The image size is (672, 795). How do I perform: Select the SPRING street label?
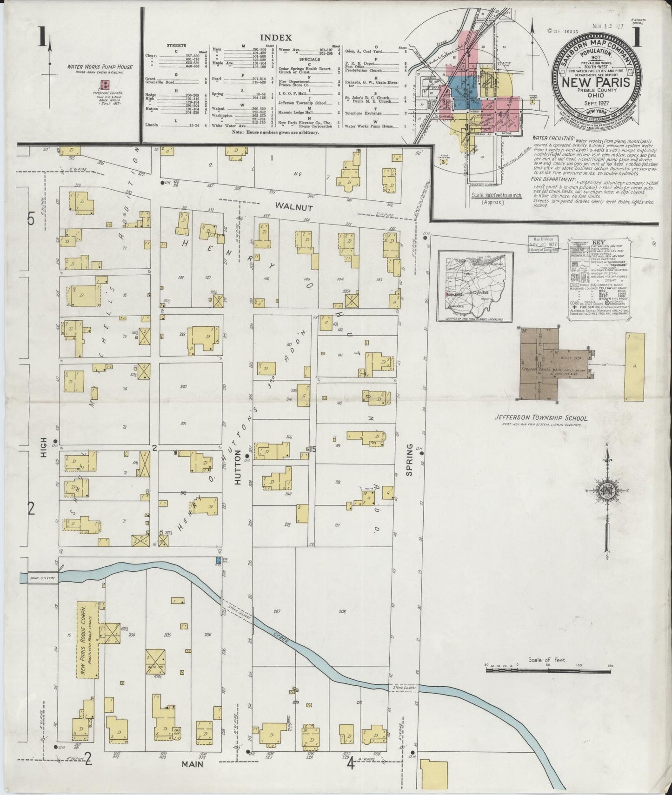point(409,460)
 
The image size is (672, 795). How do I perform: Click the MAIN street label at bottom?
point(193,763)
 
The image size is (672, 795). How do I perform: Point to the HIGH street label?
point(45,450)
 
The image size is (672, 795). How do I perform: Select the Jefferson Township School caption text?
point(540,418)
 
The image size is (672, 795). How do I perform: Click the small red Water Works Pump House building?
point(106,85)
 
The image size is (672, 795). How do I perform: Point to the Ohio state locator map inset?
point(474,286)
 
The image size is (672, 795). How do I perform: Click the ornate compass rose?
point(607,492)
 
